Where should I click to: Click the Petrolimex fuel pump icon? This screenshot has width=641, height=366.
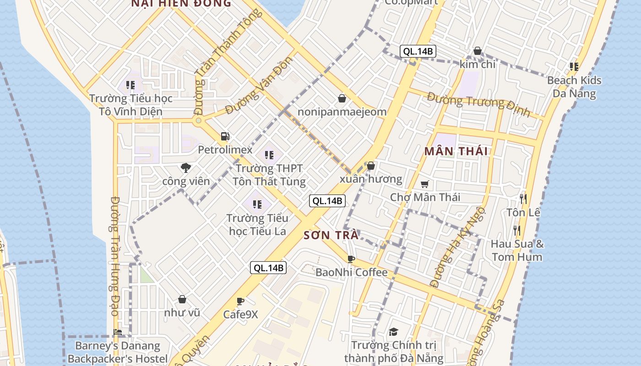(x=225, y=136)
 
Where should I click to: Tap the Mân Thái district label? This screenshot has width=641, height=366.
(x=456, y=151)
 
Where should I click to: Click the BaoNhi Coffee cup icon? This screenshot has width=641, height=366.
(x=351, y=259)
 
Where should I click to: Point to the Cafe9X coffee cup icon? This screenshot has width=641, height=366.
(x=240, y=301)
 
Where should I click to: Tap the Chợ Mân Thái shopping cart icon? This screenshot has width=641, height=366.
(x=425, y=184)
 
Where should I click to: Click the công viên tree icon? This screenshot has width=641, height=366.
(x=185, y=168)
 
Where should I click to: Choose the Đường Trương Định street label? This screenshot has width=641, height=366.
(x=478, y=104)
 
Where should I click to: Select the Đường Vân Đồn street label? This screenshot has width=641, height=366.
(x=259, y=85)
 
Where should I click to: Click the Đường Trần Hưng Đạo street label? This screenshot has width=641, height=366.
(x=115, y=256)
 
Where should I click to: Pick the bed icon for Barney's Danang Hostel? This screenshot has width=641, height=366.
(x=118, y=332)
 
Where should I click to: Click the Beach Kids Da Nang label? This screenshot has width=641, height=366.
(x=574, y=87)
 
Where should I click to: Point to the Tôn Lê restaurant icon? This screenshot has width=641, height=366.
(x=523, y=199)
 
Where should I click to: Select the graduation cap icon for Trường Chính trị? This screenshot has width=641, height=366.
(x=393, y=332)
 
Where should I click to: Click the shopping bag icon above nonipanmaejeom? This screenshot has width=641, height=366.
(x=342, y=98)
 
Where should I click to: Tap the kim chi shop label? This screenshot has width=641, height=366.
(x=478, y=65)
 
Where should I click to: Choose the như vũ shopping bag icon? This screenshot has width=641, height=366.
(x=182, y=299)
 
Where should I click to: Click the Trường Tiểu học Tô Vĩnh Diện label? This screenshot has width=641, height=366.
(x=131, y=105)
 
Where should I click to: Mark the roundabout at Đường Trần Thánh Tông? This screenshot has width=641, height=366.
(x=198, y=121)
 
